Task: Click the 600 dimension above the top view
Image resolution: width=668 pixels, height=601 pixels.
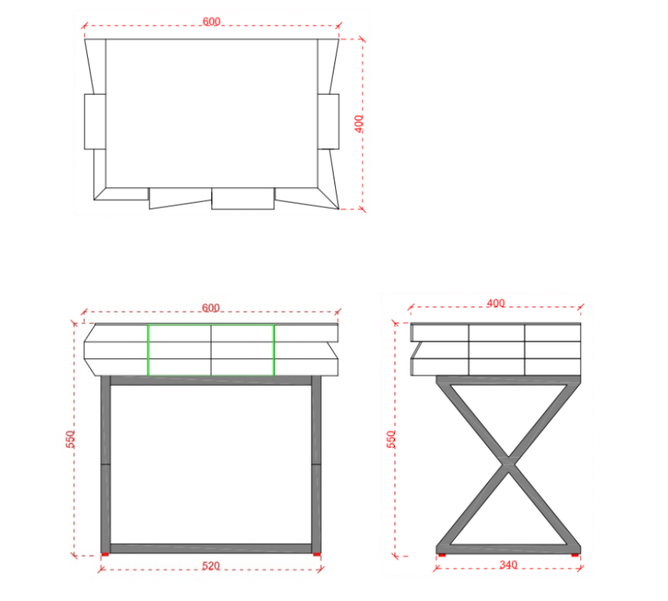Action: pyautogui.click(x=211, y=21)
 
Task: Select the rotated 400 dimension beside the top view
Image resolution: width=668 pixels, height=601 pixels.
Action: pyautogui.click(x=359, y=123)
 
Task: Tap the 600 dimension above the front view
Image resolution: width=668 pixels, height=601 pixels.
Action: pyautogui.click(x=211, y=307)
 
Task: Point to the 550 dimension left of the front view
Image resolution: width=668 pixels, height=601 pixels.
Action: pyautogui.click(x=71, y=439)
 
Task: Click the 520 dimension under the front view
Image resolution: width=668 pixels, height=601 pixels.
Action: pyautogui.click(x=211, y=566)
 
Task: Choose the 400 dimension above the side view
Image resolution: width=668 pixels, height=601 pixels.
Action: pyautogui.click(x=496, y=303)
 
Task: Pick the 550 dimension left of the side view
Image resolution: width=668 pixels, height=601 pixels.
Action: pyautogui.click(x=391, y=439)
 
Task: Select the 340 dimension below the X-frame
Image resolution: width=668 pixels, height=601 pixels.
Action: pyautogui.click(x=508, y=565)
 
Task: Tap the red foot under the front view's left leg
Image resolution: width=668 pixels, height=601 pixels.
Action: pyautogui.click(x=105, y=554)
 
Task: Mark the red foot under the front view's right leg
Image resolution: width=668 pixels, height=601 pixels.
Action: pyautogui.click(x=316, y=554)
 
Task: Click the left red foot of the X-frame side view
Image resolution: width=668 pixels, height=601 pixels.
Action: pyautogui.click(x=442, y=555)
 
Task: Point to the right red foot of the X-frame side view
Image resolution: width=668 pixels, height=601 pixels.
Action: pyautogui.click(x=575, y=555)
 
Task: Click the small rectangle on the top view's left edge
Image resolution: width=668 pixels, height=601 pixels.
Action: pyautogui.click(x=95, y=122)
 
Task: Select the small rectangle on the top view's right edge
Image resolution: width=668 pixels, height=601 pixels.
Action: pyautogui.click(x=328, y=122)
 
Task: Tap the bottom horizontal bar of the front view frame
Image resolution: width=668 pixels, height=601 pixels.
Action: pyautogui.click(x=211, y=548)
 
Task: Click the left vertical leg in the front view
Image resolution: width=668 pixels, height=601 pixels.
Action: pyautogui.click(x=105, y=464)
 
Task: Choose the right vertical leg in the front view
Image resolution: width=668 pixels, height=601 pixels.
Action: pyautogui.click(x=316, y=464)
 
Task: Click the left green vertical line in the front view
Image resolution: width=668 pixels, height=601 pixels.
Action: pyautogui.click(x=148, y=350)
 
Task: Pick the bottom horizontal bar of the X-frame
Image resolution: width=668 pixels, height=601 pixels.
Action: pyautogui.click(x=508, y=549)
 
